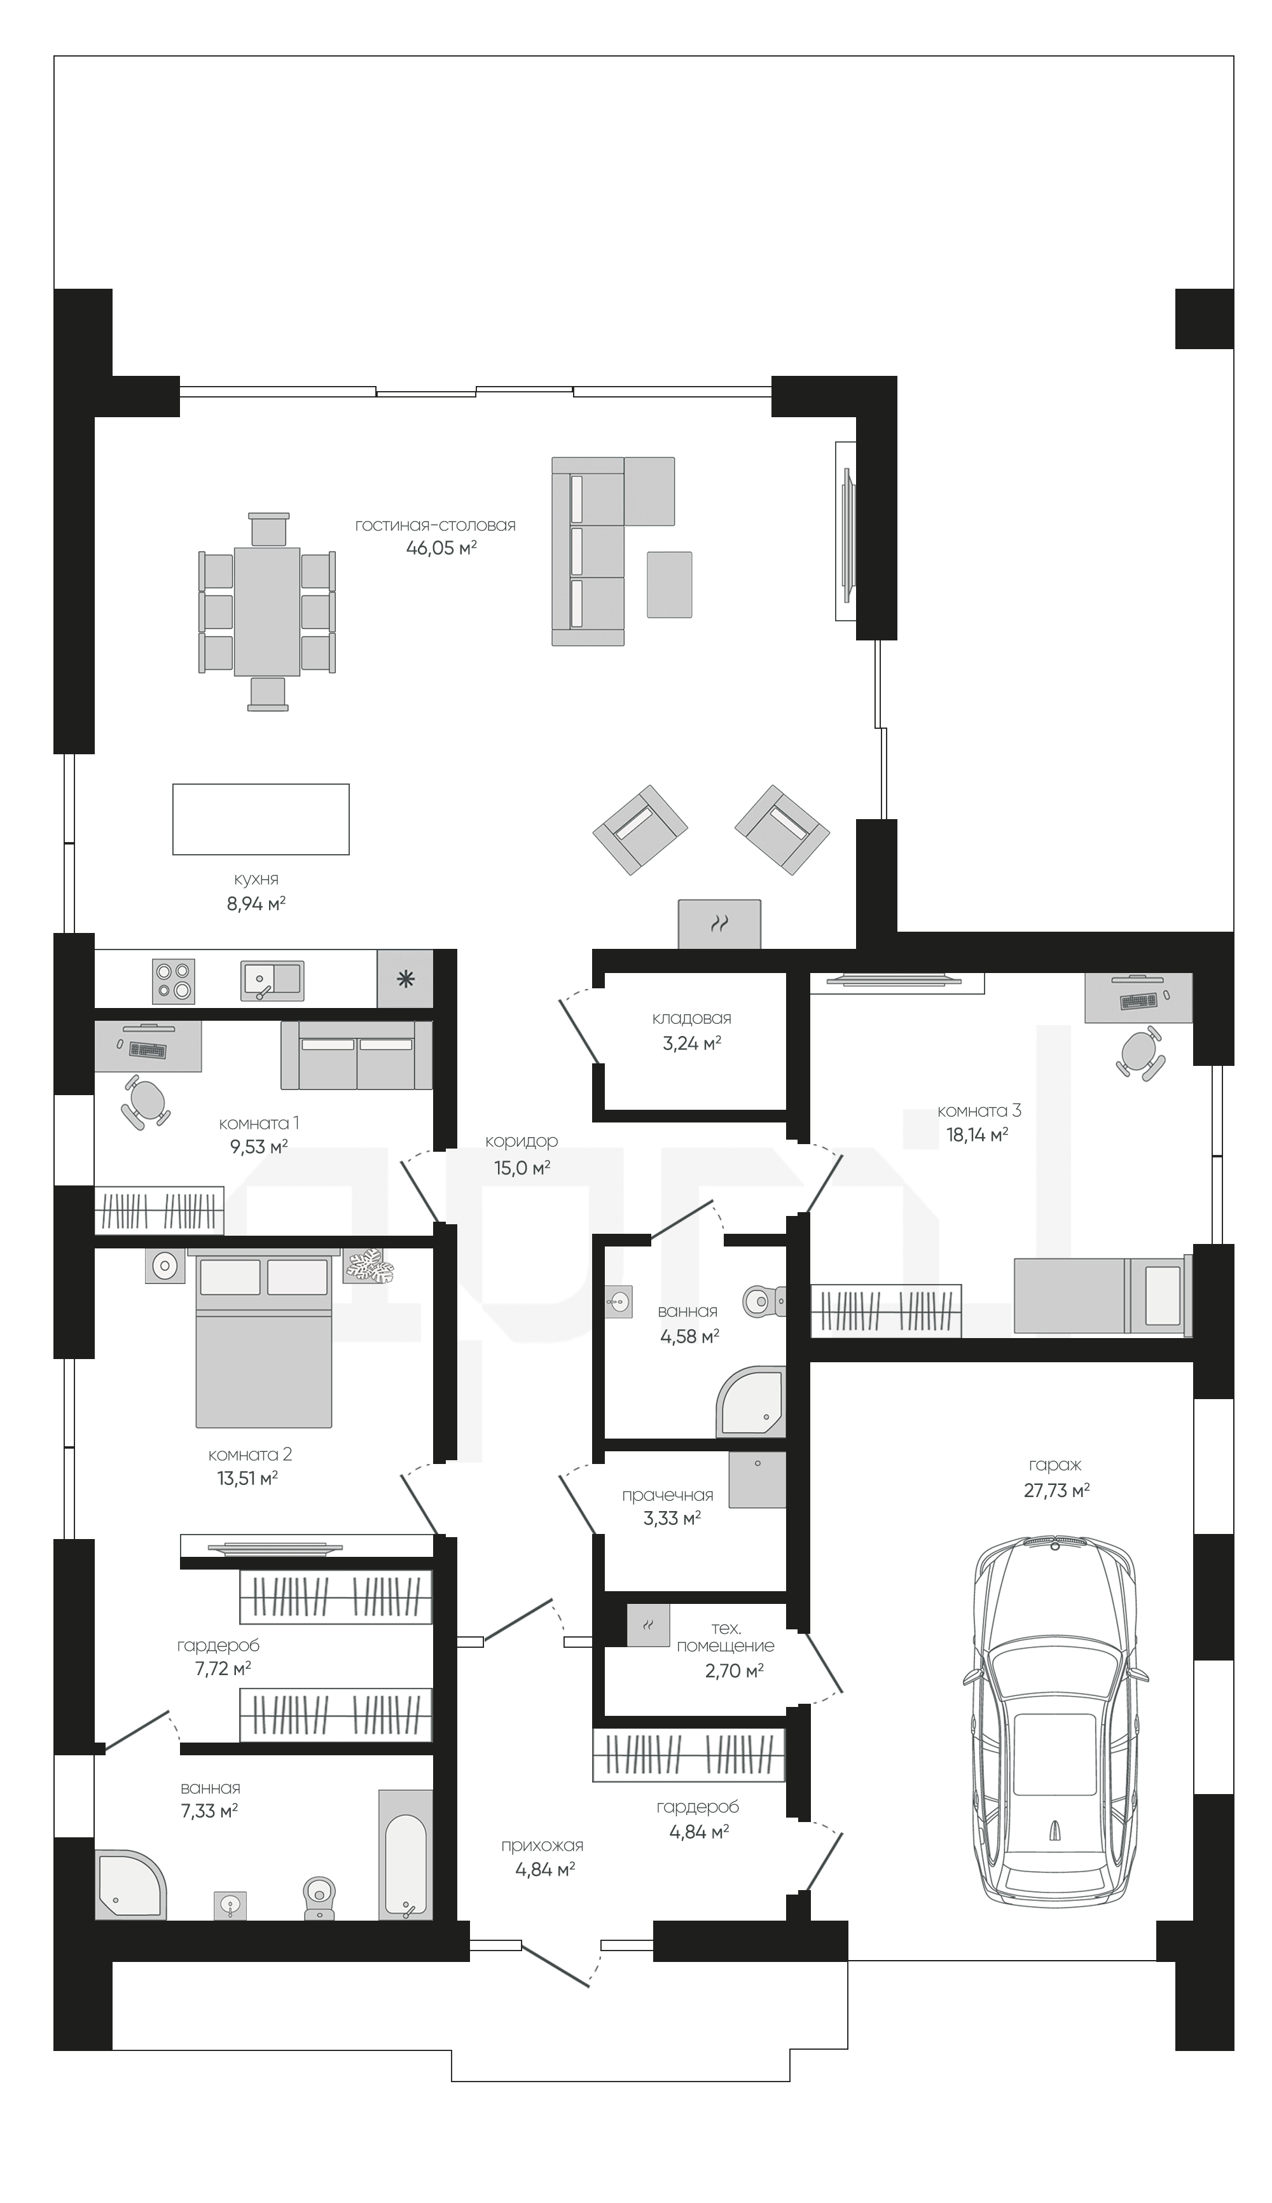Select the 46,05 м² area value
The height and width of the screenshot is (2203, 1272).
click(x=441, y=549)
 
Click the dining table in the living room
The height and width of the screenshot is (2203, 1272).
click(x=267, y=611)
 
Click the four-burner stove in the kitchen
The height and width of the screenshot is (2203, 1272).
click(x=174, y=980)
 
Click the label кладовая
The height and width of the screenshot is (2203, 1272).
click(x=692, y=1018)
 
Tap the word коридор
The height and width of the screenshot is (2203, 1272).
click(x=522, y=1142)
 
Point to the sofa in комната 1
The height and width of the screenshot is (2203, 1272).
click(x=356, y=1055)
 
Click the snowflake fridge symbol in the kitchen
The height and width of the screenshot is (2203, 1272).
click(x=405, y=979)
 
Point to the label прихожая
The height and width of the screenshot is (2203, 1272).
click(x=543, y=1846)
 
